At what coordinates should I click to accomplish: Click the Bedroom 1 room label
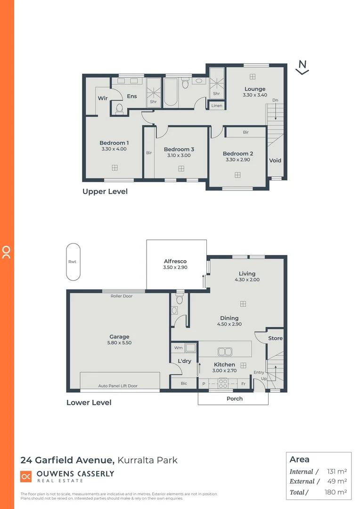click(x=114, y=143)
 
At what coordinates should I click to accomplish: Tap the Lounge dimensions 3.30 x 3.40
click(x=255, y=95)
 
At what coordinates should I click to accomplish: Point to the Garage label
click(x=119, y=337)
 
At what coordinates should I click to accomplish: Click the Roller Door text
click(x=122, y=296)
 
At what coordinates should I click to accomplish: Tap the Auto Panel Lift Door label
click(x=118, y=386)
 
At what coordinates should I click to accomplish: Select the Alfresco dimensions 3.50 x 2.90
click(x=175, y=267)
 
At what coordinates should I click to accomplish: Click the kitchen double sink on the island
click(x=224, y=351)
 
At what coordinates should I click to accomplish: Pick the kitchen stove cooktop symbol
click(x=223, y=384)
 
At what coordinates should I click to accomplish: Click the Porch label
click(x=235, y=399)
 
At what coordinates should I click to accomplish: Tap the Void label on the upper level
click(x=275, y=160)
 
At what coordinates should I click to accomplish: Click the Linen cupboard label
click(x=217, y=106)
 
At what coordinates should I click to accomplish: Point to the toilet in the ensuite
click(x=119, y=109)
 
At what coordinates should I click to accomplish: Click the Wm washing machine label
click(x=179, y=348)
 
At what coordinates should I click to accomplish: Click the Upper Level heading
click(x=105, y=191)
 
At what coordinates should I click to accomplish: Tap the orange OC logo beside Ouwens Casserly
click(x=26, y=476)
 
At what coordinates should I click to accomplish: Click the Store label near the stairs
click(x=275, y=338)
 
